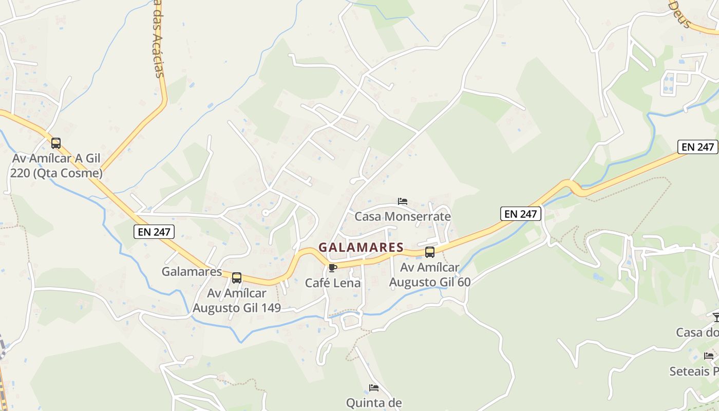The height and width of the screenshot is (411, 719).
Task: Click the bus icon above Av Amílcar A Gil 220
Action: point(56,143)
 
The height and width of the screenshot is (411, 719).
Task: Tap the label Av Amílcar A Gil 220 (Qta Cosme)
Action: point(56,165)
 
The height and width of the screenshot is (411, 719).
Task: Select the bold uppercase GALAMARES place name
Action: point(361,247)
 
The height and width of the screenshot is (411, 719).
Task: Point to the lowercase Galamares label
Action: point(192,271)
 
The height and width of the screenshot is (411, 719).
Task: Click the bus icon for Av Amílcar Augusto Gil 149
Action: point(237,278)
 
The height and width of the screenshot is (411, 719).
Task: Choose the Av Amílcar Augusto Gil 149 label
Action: point(237,301)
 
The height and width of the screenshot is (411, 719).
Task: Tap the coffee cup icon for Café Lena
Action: point(332,268)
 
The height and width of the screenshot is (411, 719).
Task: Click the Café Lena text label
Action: point(333,283)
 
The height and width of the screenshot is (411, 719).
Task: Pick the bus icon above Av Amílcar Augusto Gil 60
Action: point(430,252)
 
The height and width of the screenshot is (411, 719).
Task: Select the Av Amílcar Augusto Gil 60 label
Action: point(430,275)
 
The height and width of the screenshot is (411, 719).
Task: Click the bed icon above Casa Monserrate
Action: point(403,201)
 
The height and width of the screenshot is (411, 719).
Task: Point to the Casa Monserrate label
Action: point(403,216)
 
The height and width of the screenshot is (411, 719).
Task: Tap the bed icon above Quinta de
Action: point(374,388)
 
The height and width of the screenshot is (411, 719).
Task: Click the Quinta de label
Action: point(374,403)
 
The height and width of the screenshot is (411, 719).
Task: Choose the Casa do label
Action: point(697,332)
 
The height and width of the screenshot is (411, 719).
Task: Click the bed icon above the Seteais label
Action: point(709,356)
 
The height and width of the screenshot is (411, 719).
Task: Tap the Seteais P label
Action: point(694,371)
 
